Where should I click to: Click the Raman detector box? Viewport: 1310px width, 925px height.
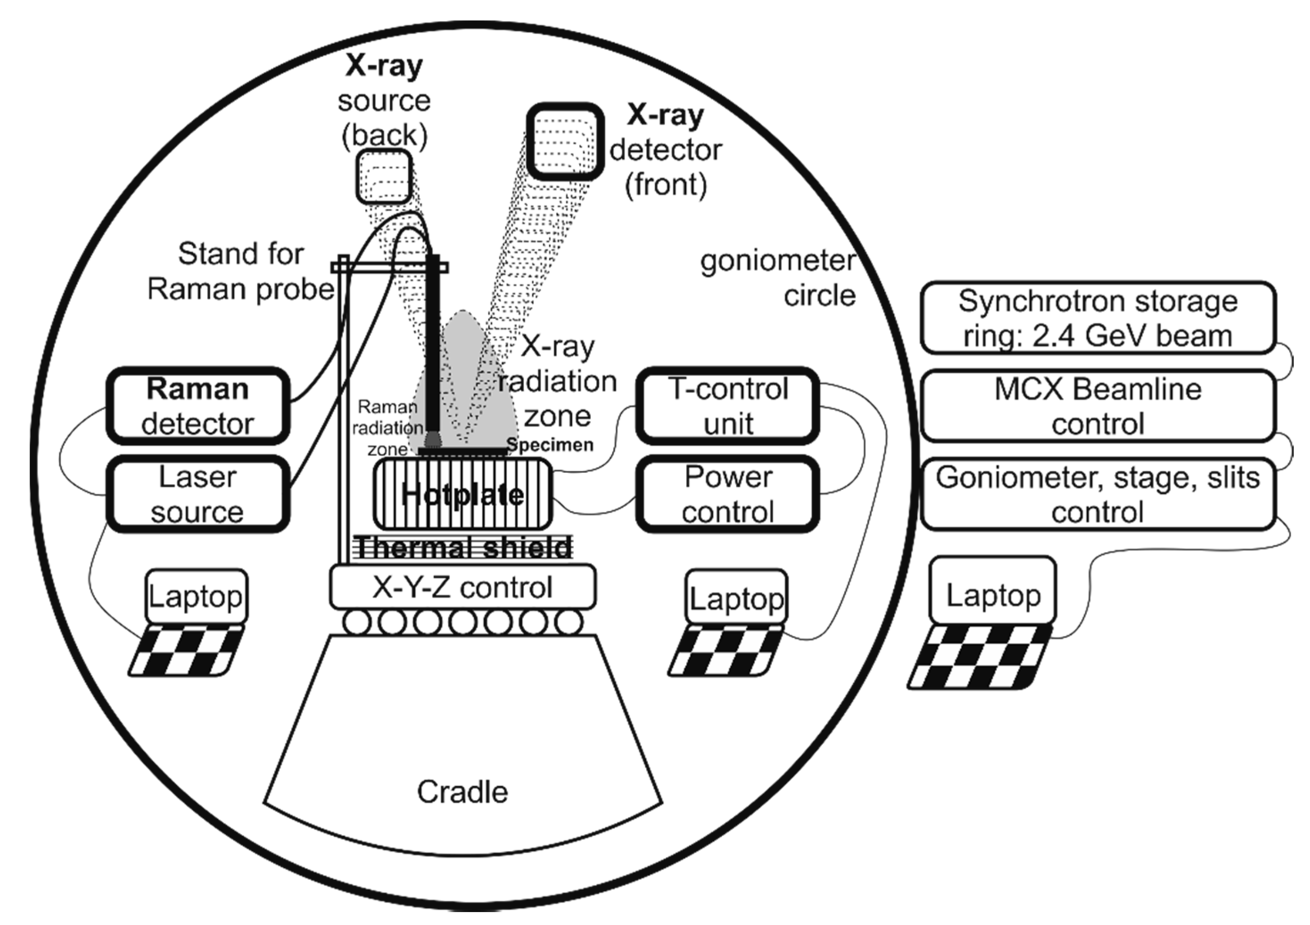click(x=198, y=406)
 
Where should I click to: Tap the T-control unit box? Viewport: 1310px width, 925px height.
click(x=728, y=406)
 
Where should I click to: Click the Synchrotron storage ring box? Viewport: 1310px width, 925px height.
click(x=1097, y=318)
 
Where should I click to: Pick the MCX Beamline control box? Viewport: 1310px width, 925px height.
click(x=1097, y=406)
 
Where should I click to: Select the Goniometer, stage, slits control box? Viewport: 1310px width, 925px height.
click(x=1097, y=494)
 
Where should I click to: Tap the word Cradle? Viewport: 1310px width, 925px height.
click(x=462, y=792)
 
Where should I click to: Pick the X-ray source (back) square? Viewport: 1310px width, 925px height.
click(x=384, y=176)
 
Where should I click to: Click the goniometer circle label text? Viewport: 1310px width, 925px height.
click(x=779, y=278)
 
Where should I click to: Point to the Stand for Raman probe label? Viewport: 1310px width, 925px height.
click(x=241, y=271)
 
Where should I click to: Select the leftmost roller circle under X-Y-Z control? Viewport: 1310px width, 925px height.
click(x=356, y=622)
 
